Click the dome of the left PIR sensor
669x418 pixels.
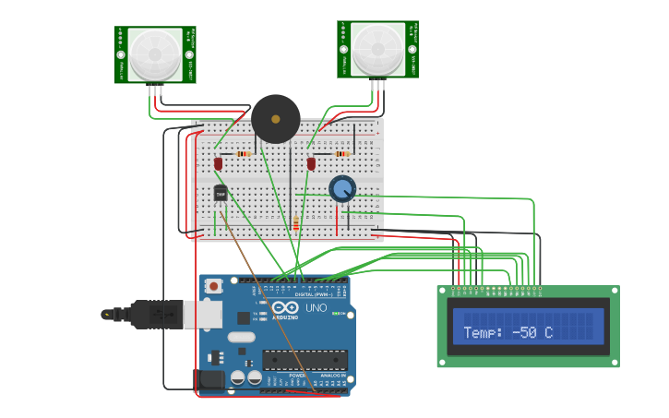(155, 54)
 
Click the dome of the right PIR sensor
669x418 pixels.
(377, 49)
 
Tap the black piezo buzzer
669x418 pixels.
(276, 119)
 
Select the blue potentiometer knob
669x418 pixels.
(342, 189)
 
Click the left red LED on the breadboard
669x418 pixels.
(219, 163)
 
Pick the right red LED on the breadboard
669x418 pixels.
(311, 163)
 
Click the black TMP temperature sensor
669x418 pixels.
(221, 193)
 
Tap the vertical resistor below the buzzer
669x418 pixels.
(295, 223)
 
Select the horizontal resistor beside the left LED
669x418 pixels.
(244, 154)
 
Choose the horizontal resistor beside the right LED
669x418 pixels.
(343, 154)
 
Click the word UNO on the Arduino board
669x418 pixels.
(316, 307)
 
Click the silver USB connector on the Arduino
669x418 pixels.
(202, 315)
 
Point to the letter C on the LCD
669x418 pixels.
(548, 332)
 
